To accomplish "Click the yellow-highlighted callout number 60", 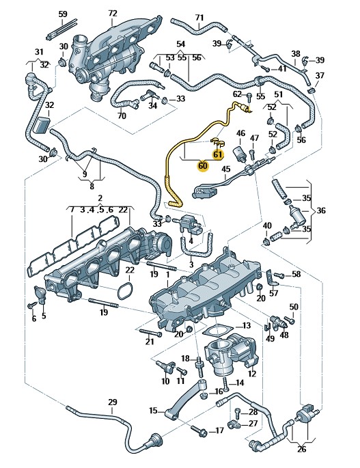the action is (203, 165).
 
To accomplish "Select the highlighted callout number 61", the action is (218, 154).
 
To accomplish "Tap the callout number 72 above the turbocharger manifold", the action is (112, 14).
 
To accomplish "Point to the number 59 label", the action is (63, 14).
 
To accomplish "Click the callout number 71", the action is (199, 18).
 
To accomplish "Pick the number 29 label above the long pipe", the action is (112, 402).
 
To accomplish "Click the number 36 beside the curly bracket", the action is (321, 210).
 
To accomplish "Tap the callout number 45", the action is (226, 169).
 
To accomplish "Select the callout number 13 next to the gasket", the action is (246, 325).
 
